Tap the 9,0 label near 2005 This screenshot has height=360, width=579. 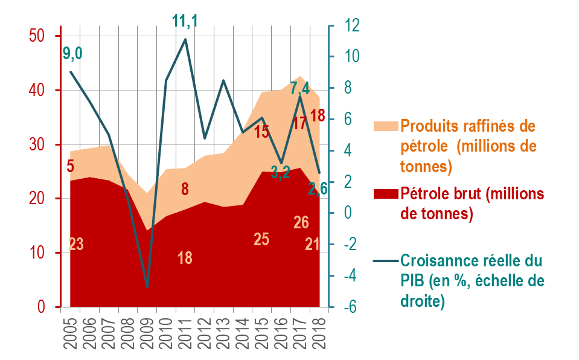coord(72,54)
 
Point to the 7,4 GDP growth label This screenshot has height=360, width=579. coord(300,89)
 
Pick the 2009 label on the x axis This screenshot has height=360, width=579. coord(147,333)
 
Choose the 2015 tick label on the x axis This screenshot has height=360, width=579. coord(261,333)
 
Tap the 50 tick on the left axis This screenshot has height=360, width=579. coord(37,36)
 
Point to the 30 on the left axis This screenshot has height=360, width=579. coord(37,144)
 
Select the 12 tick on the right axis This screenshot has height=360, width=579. coord(351,25)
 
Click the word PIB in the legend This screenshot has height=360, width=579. coord(412,281)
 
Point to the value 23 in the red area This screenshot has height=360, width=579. coord(76,244)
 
